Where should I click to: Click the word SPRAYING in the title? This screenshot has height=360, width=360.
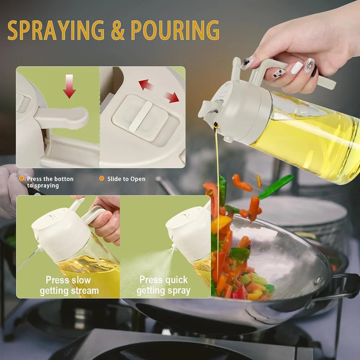[x=56, y=30]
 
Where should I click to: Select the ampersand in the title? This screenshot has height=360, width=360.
[x=118, y=31]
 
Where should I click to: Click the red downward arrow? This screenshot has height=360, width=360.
[x=69, y=86]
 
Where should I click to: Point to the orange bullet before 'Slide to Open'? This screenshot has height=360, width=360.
[x=102, y=179]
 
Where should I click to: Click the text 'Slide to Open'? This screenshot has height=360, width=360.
[x=126, y=179]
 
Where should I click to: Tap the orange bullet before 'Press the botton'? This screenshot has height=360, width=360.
[x=22, y=179]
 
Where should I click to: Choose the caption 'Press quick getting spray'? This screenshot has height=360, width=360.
[x=163, y=285]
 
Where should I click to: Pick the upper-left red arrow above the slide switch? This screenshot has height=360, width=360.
[x=145, y=85]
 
